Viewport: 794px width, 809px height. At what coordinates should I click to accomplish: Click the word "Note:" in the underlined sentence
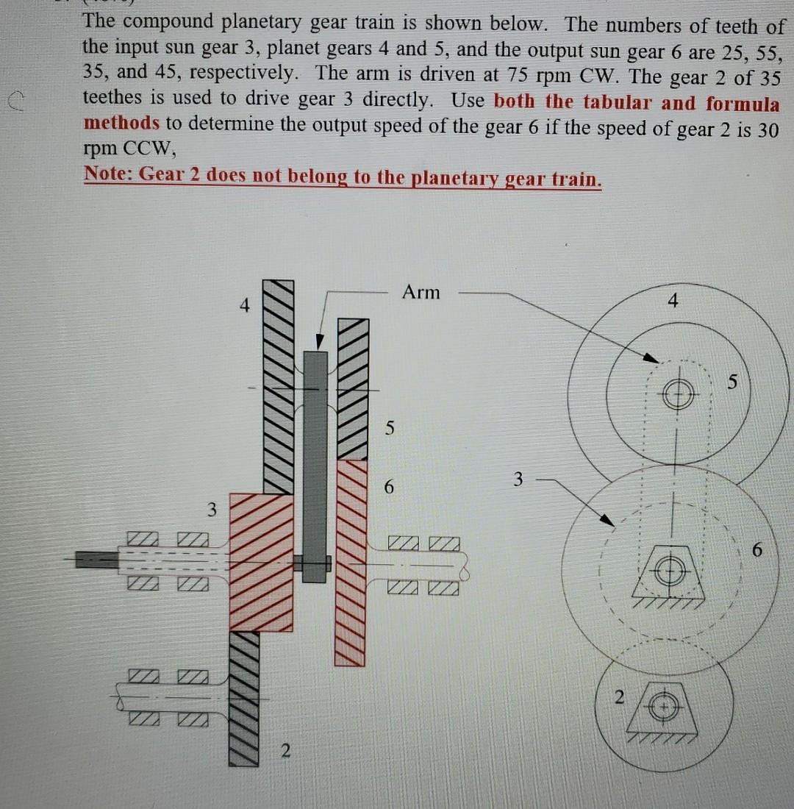point(108,175)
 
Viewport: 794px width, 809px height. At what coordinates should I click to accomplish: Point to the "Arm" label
point(421,293)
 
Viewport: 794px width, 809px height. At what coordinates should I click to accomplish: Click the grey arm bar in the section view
point(315,463)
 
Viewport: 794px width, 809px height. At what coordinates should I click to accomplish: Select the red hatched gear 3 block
point(262,563)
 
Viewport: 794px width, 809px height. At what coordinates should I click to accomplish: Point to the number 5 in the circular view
point(732,382)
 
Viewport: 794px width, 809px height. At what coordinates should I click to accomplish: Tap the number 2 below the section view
point(285,751)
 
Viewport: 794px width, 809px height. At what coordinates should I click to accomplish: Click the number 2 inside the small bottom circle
point(619,696)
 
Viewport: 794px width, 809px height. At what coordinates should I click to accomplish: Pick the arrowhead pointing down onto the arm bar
point(319,343)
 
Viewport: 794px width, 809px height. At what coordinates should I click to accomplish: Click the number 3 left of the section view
point(212,509)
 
